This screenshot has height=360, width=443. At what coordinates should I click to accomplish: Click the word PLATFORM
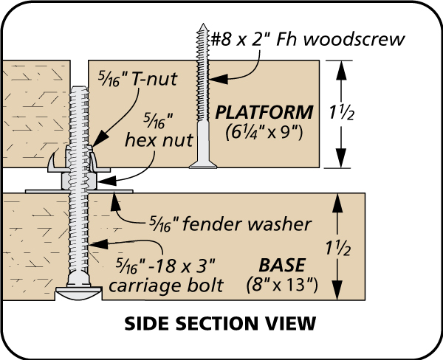pos(264,112)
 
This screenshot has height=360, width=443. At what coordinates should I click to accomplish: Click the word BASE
pos(282,265)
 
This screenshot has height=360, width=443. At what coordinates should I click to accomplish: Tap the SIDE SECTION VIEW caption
pos(220,323)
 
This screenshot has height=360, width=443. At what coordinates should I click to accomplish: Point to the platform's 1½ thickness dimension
pos(341,113)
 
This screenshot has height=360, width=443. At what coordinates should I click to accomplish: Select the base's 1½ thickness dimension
pos(338,248)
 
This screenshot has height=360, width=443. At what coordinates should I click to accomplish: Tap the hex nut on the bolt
pos(80,181)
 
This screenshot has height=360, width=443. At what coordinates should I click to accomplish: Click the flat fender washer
pos(79,191)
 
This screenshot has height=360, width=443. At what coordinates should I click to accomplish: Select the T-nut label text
pos(137,79)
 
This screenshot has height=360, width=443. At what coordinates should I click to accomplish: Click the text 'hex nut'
pos(159,139)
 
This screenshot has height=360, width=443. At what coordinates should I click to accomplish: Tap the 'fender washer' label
pos(230,224)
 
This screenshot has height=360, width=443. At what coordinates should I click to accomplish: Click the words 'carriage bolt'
pos(166,285)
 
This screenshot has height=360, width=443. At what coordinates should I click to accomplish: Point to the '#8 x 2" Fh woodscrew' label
pos(308,40)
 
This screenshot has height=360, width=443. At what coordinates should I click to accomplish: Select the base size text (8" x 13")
pos(282,285)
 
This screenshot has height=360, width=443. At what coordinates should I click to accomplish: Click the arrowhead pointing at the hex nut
pos(107,181)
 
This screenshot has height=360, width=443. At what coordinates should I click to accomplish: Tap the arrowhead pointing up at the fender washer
pos(115,201)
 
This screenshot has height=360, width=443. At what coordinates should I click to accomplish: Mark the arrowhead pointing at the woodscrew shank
pos(218,79)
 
